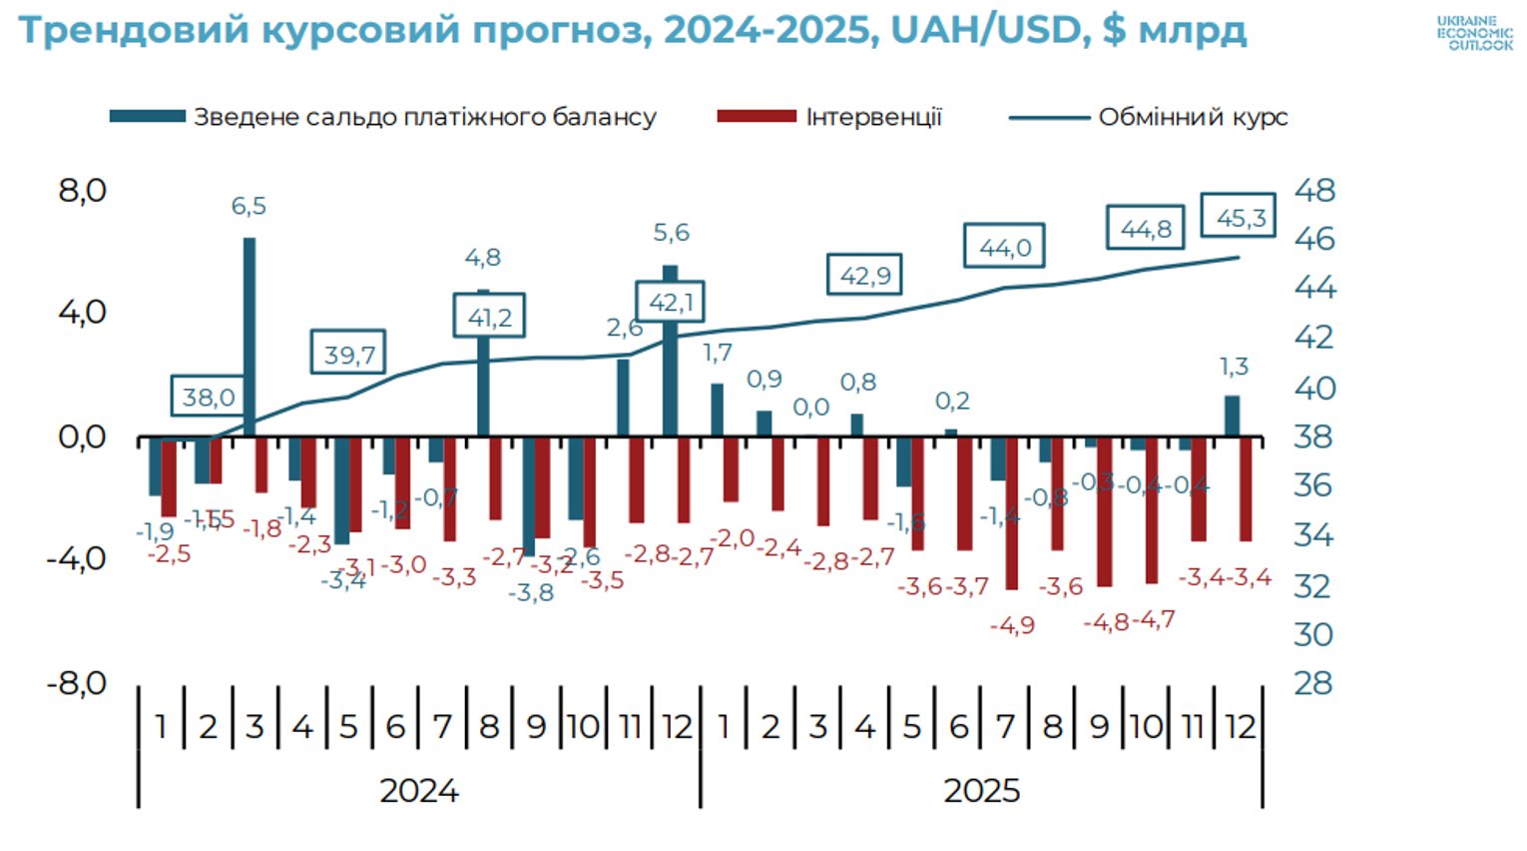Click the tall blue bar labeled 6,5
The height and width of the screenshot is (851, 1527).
[249, 337]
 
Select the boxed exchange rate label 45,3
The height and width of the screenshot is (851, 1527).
[1239, 217]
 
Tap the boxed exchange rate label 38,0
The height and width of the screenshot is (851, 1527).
[208, 397]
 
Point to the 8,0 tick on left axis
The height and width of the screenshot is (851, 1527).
[82, 190]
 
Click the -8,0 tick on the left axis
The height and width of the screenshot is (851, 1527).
[77, 683]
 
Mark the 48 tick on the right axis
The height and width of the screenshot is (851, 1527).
[1314, 190]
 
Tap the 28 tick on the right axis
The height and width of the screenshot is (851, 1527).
[1313, 683]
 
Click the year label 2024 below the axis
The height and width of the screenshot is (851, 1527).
[418, 790]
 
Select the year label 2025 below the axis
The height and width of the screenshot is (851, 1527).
[981, 790]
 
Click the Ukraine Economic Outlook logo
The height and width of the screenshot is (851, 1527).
[1474, 33]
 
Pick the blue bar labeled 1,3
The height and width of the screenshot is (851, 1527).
[1232, 417]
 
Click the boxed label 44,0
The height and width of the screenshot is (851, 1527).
[1004, 247]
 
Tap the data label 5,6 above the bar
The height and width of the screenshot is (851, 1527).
[671, 233]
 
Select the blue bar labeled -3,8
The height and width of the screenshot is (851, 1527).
[529, 496]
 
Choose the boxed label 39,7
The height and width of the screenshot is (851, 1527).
[348, 353]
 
